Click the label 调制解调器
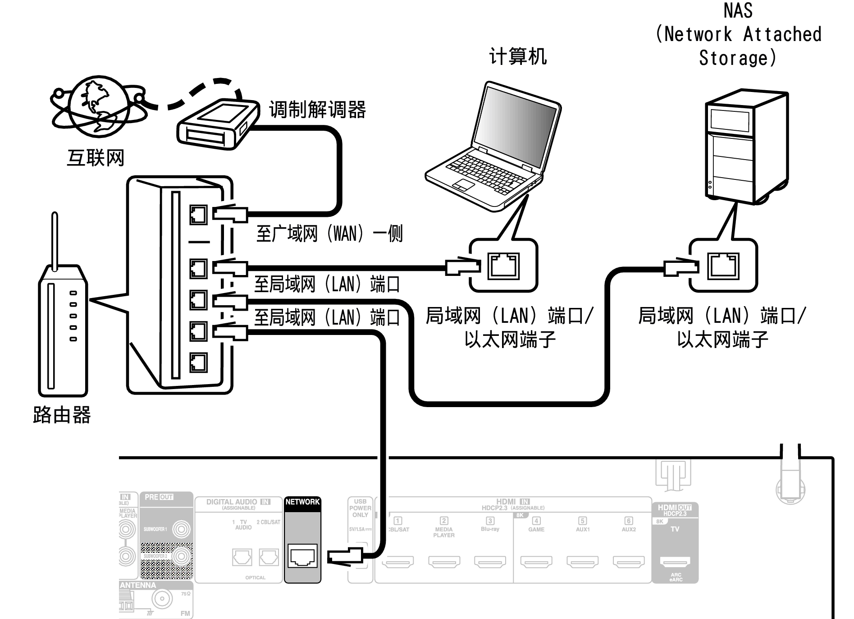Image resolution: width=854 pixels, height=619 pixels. pos(317,110)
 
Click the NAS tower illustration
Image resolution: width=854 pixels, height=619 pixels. pos(746,147)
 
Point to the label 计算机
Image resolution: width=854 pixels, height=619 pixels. pos(518,57)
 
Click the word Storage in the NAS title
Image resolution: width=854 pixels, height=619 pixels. pos(737,58)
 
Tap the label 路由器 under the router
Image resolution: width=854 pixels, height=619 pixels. pos(62,414)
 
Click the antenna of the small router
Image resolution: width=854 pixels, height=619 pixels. pos(55,241)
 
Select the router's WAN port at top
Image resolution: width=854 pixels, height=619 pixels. pos(198,215)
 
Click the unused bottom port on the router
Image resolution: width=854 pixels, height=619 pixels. pos(198,362)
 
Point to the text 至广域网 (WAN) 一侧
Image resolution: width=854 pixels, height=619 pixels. pos(329,234)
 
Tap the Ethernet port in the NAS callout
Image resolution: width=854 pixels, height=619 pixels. pos(723,266)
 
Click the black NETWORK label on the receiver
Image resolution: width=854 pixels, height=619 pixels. pos(302,502)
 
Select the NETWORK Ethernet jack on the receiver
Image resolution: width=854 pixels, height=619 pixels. pos(302,556)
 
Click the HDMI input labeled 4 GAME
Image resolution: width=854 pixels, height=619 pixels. pos(536,561)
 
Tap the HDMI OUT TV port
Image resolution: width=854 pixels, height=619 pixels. pos(675,561)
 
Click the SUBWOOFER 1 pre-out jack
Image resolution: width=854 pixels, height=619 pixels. pos(181,529)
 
